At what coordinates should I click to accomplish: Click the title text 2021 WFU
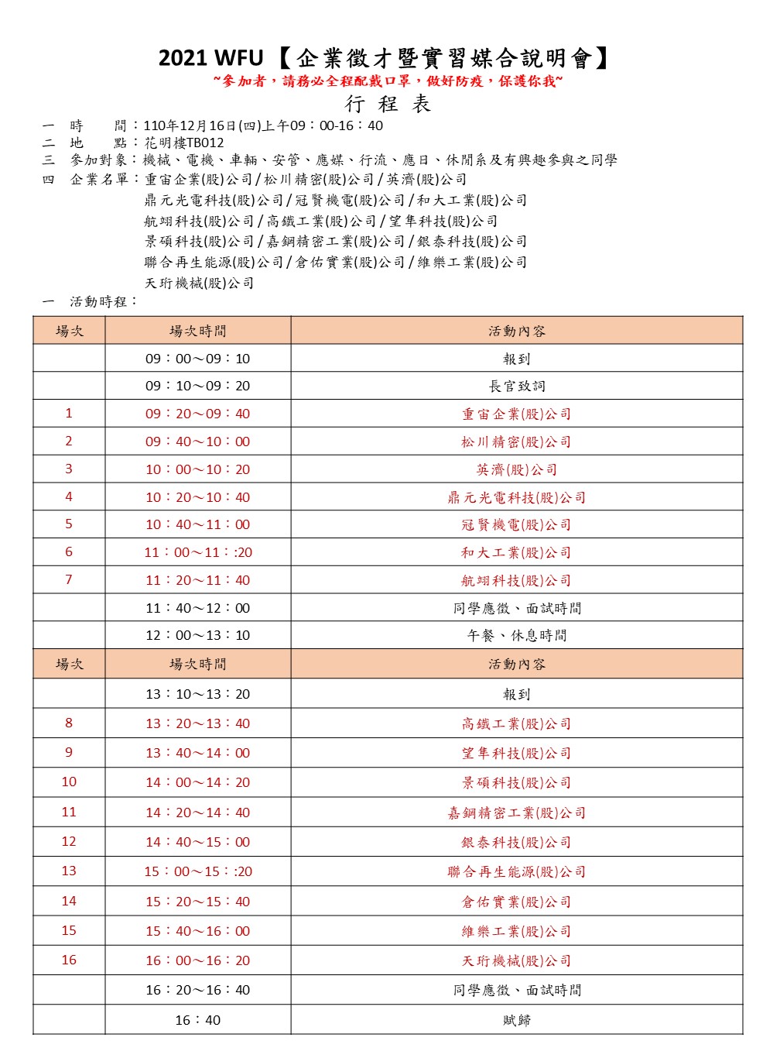(x=210, y=58)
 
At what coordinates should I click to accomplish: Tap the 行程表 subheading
(x=388, y=105)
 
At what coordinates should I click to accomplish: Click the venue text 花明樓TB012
(x=184, y=143)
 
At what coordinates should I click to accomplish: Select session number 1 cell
(x=69, y=414)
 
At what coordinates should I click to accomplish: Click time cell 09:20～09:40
(x=198, y=414)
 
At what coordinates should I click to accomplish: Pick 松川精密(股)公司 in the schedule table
(x=516, y=441)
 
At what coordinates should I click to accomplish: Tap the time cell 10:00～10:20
(x=198, y=469)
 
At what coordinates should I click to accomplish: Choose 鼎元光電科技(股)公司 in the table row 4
(x=516, y=497)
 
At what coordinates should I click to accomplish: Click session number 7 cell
(x=69, y=580)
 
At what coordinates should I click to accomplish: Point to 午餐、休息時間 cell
(x=516, y=635)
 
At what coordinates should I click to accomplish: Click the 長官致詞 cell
(x=516, y=386)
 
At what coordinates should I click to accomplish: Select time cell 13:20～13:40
(x=198, y=723)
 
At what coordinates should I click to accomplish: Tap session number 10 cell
(x=69, y=782)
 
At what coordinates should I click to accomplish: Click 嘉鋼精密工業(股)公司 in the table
(x=516, y=813)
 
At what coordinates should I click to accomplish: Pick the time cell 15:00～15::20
(x=198, y=871)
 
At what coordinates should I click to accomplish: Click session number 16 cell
(x=69, y=960)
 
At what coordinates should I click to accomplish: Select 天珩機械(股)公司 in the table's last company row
(x=516, y=960)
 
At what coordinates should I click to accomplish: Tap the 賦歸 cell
(x=516, y=1020)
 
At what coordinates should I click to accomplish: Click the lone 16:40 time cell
(x=198, y=1020)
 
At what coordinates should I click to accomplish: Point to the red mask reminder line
(x=388, y=81)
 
